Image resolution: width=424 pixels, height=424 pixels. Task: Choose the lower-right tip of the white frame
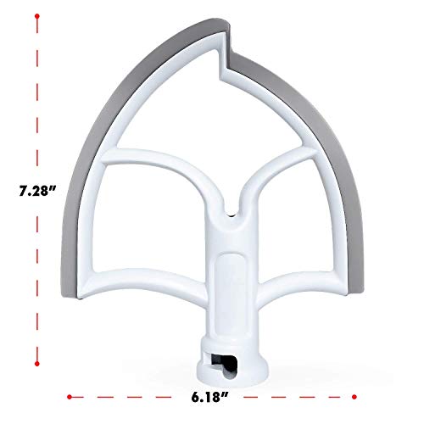343,293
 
